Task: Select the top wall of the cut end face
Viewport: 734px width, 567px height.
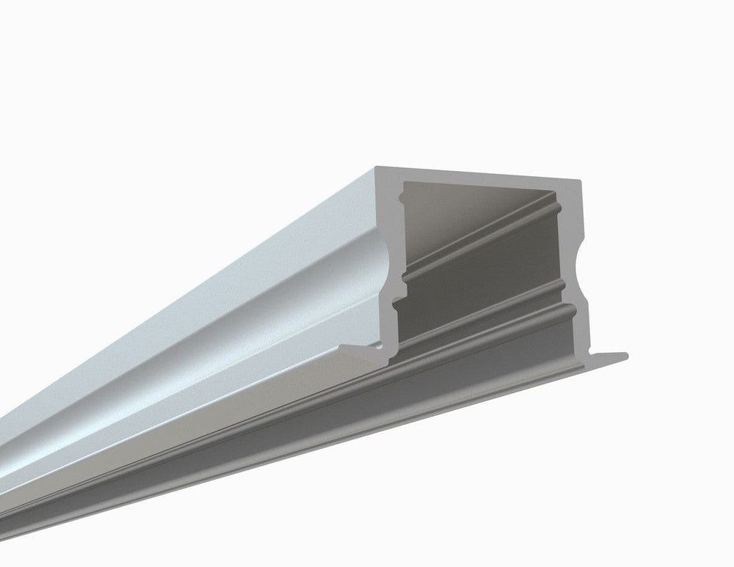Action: pyautogui.click(x=477, y=173)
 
